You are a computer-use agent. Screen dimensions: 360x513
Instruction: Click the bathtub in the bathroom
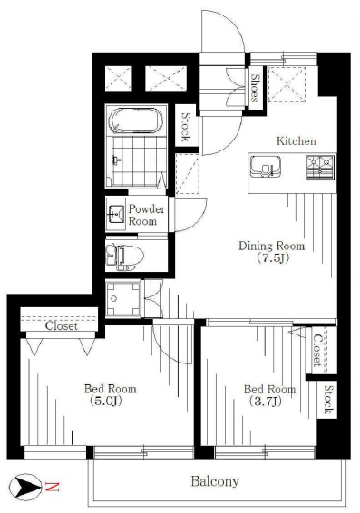pos(136,121)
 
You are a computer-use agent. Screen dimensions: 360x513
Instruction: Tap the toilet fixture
pos(125,256)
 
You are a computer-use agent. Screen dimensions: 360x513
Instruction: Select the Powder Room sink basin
pos(116,214)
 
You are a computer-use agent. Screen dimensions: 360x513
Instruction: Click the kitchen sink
pos(266,166)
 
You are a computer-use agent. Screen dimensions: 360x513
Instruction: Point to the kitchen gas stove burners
pos(320,168)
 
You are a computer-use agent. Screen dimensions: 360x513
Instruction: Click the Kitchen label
pos(297,141)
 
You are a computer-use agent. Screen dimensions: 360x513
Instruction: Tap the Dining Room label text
pos(272,246)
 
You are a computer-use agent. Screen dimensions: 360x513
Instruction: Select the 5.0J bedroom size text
pos(105,401)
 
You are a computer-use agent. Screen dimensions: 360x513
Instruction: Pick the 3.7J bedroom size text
pos(266,402)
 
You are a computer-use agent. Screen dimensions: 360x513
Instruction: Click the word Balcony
pos(215,481)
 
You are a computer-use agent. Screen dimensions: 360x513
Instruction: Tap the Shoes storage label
pos(256,87)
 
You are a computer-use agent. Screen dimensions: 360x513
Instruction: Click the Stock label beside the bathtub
pos(186,127)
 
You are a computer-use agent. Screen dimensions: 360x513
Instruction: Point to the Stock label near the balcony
pos(328,400)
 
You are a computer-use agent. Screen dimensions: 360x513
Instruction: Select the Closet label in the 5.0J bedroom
pos(62,326)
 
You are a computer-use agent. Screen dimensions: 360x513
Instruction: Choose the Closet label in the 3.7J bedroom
pos(317,351)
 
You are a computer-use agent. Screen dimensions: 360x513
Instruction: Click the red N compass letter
pos(53,487)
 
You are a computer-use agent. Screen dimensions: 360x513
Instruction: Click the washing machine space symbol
pos(123,298)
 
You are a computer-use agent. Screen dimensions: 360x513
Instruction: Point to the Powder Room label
pos(147,216)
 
